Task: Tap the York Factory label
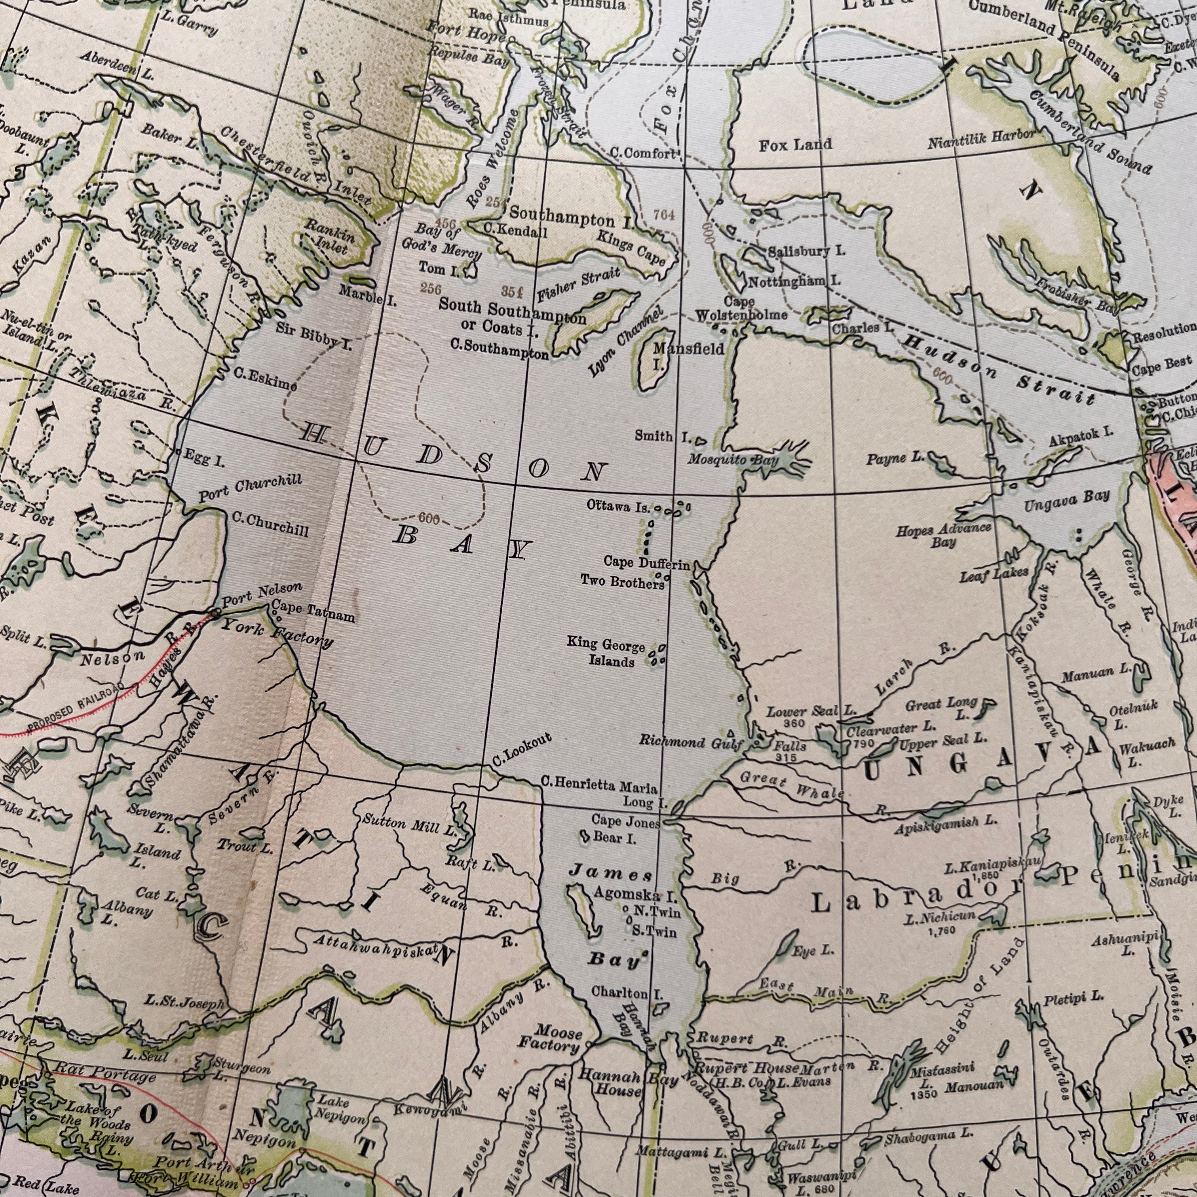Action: [277, 632]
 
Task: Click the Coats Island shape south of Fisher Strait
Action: [595, 319]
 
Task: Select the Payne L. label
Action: [894, 458]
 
